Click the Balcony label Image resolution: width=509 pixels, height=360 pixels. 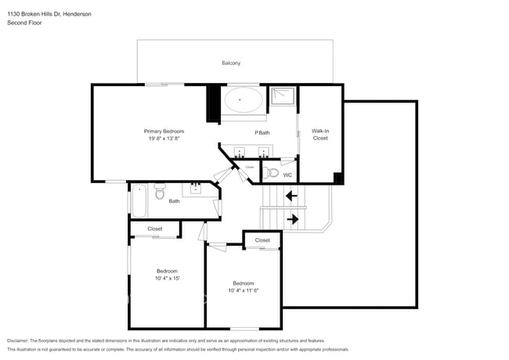coord(231,63)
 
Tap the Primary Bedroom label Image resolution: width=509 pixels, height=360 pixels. coord(164,131)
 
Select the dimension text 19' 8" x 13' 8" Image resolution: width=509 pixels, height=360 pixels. coord(164,139)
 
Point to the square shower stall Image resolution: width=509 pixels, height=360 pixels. coord(283,98)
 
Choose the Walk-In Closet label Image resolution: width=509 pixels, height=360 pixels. coord(320,135)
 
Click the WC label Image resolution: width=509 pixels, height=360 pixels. coord(287,175)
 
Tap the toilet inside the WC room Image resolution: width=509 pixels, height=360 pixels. coord(271,172)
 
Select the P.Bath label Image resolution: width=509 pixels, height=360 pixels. coord(262,132)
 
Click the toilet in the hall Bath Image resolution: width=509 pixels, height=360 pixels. coord(160,192)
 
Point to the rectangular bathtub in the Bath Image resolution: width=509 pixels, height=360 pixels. coord(139,200)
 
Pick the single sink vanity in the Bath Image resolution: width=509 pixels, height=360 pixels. coord(195,189)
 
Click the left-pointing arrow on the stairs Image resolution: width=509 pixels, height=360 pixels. coord(291,196)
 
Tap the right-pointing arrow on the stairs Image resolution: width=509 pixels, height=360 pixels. coord(292,219)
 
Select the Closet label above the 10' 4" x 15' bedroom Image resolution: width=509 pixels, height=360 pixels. coord(155,229)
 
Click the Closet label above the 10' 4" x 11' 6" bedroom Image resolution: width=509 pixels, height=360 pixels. coord(262,240)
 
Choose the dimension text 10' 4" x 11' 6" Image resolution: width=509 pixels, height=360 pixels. coord(243,290)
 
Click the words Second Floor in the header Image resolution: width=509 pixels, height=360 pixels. coord(25,23)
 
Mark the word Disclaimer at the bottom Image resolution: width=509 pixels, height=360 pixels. coord(17,341)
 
